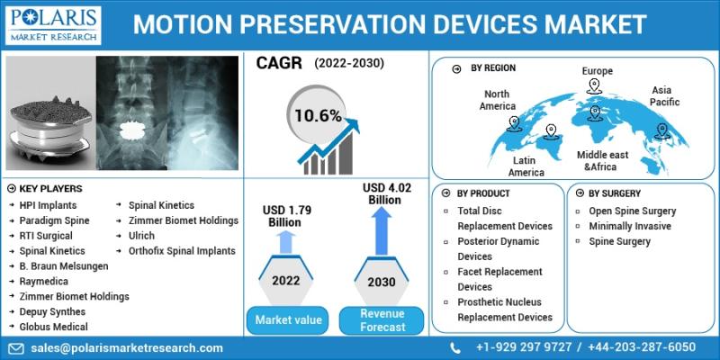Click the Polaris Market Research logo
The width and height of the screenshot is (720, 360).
click(x=53, y=25)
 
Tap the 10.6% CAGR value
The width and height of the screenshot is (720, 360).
click(x=318, y=116)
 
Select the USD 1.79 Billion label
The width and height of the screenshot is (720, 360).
click(x=287, y=216)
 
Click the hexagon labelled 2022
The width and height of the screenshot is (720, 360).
click(x=285, y=280)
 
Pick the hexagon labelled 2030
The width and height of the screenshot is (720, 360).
click(x=382, y=281)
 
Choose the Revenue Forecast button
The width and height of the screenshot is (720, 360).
click(x=382, y=320)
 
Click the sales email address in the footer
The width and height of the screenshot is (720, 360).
click(x=127, y=348)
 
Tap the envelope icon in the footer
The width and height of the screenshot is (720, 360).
click(x=16, y=348)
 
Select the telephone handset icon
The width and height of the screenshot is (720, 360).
click(x=454, y=347)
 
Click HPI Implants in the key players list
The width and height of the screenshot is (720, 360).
click(x=48, y=205)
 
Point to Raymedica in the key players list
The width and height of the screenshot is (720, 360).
click(x=43, y=282)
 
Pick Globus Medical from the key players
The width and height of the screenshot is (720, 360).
click(x=53, y=327)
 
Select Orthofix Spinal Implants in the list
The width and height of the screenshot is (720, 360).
click(x=182, y=251)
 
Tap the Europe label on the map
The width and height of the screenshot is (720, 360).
click(x=598, y=71)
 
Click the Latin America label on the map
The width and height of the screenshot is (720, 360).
click(x=526, y=166)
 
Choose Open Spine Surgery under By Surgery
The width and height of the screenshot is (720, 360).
click(x=633, y=211)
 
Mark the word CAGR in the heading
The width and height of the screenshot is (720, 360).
click(x=279, y=64)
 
